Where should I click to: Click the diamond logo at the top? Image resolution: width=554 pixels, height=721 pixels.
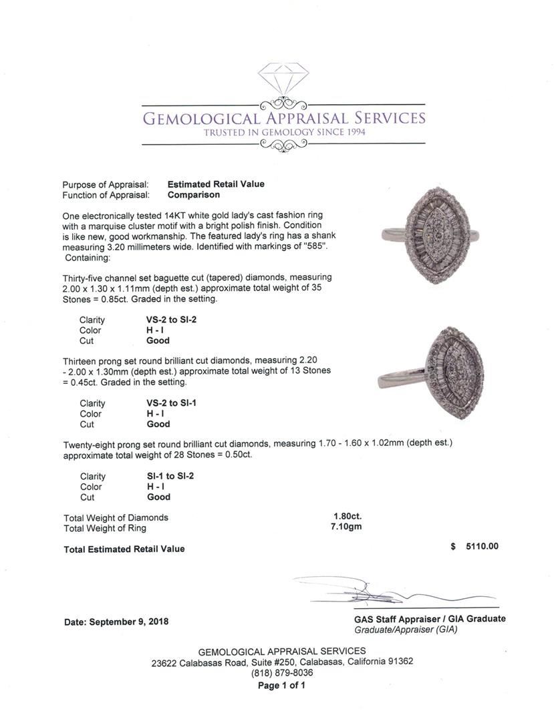pos(283,81)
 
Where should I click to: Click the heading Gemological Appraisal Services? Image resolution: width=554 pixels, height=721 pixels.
pos(284,119)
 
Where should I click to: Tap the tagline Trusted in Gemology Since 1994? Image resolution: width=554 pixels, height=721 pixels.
pos(284,132)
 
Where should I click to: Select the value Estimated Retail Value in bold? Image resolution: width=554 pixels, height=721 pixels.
pos(216,184)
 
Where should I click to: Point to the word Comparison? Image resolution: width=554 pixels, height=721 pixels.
pos(194,195)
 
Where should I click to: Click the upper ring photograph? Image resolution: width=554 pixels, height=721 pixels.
pos(435,236)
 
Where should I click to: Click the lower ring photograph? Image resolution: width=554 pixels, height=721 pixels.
pos(435,372)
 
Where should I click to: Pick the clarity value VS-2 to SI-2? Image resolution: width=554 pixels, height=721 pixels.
pos(172,320)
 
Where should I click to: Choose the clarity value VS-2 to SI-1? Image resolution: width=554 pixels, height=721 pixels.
pos(172,403)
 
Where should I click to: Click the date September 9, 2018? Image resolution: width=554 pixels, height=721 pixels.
pos(116,622)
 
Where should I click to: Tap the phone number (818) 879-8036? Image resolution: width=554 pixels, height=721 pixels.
pos(282,673)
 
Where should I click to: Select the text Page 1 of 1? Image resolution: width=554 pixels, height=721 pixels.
pos(282,686)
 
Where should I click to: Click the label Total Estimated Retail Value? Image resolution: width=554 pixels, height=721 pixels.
pos(124,549)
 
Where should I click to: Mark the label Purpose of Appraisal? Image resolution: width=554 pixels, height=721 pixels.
pos(106,184)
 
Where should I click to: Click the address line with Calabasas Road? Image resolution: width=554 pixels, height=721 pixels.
pos(282,662)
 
